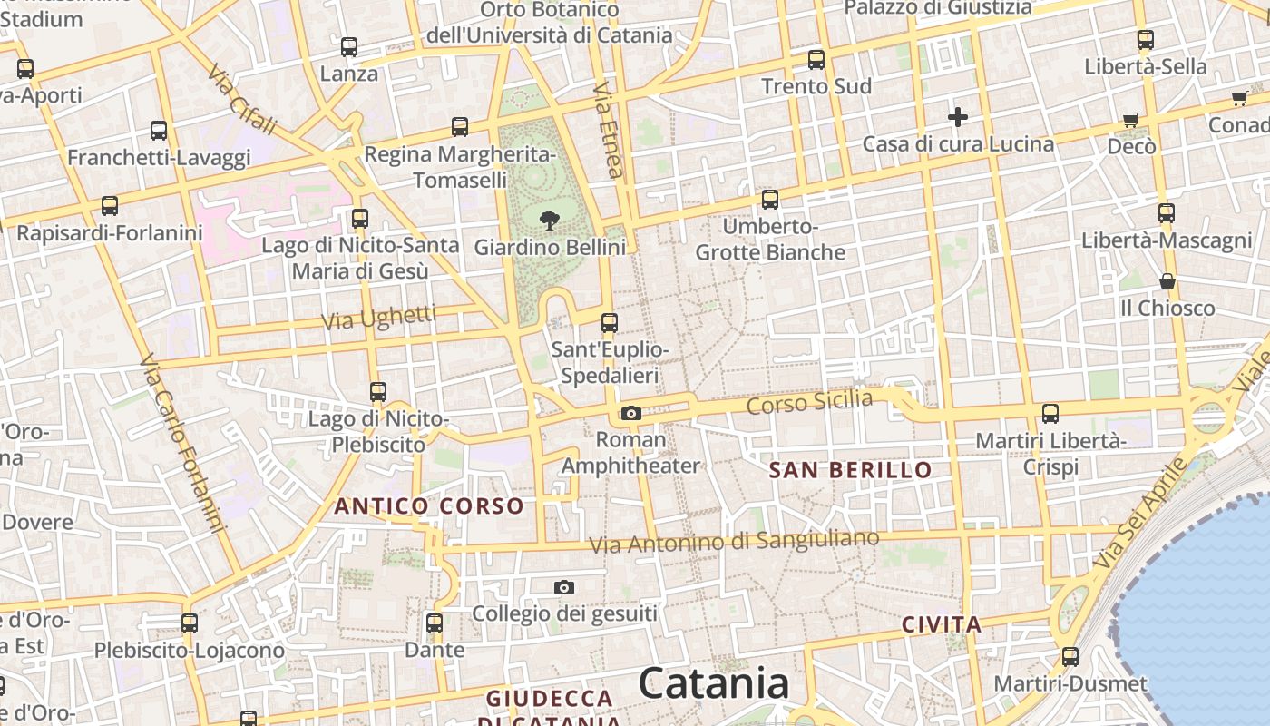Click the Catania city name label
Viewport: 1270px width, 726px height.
click(713, 683)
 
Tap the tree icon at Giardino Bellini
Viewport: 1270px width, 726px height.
click(549, 218)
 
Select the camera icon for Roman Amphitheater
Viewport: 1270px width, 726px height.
click(631, 414)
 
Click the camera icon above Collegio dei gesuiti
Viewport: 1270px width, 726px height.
click(564, 588)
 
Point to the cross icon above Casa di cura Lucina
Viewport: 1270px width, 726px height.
click(957, 117)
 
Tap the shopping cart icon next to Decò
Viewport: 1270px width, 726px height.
click(1130, 120)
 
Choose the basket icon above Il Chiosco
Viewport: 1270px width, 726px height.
click(1167, 282)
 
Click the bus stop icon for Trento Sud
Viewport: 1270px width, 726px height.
click(816, 60)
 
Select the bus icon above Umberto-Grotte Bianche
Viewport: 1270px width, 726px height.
click(770, 200)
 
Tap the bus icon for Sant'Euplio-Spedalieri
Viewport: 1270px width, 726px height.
click(610, 323)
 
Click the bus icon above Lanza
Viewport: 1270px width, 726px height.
click(349, 47)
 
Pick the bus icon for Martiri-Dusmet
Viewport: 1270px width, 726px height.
click(1070, 657)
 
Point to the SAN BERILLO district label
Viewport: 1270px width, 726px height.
click(850, 470)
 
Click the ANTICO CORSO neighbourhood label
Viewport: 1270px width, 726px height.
click(429, 506)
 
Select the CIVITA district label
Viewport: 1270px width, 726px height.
click(942, 624)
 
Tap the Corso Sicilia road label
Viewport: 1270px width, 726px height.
click(809, 402)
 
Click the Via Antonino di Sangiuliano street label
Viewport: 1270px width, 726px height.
click(734, 542)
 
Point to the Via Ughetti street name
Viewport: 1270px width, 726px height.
click(378, 318)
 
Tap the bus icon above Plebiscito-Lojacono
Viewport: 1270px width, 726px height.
click(190, 623)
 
